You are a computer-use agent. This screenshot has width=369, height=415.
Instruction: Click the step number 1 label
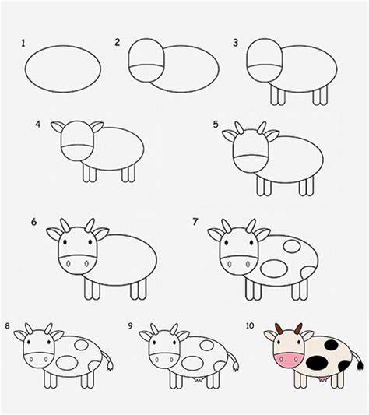tap(23, 44)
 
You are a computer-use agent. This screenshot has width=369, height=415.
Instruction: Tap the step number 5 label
tap(216, 124)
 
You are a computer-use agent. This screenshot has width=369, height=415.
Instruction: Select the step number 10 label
tap(250, 325)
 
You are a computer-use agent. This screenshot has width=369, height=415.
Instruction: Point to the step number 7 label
tap(195, 222)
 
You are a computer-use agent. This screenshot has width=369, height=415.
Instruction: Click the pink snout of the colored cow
tap(288, 360)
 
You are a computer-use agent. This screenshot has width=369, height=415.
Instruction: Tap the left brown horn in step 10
tap(279, 329)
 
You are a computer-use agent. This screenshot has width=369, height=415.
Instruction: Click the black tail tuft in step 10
tap(360, 365)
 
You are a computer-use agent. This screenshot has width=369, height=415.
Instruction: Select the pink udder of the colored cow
tap(323, 379)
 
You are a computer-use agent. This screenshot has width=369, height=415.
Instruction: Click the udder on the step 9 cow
tap(198, 379)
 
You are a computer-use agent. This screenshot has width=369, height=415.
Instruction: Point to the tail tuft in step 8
tap(110, 366)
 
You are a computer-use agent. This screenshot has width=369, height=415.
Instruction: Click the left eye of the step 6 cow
tap(65, 242)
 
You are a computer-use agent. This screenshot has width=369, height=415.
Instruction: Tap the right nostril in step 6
tap(86, 264)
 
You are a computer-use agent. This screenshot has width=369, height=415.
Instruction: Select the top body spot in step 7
tap(292, 246)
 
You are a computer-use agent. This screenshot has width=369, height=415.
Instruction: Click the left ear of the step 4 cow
tap(58, 126)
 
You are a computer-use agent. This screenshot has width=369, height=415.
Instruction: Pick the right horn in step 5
tap(262, 128)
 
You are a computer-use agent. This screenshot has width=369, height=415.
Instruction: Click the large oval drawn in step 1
tap(26, 69)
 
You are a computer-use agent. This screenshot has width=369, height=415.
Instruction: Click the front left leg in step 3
tap(274, 95)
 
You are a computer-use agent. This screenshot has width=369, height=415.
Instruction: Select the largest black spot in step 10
tap(317, 363)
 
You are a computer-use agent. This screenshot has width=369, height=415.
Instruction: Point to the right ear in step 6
tap(101, 234)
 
